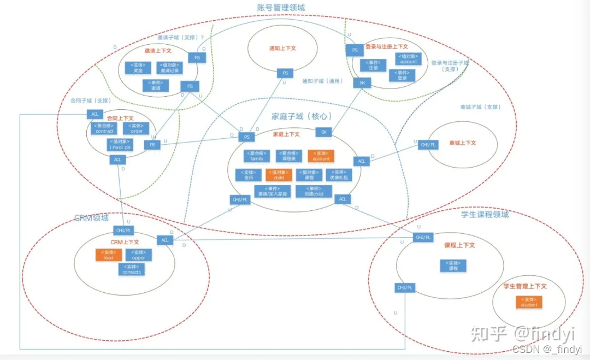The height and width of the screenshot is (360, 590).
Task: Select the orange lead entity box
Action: point(109,255)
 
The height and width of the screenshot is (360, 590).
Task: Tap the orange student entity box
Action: point(529,302)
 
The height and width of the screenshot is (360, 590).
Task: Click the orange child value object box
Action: point(279,175)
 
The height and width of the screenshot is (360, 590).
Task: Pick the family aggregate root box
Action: point(256,156)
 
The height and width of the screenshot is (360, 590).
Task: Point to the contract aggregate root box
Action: point(104,128)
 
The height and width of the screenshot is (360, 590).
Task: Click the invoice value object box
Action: point(119,145)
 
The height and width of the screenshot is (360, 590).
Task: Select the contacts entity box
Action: point(132,269)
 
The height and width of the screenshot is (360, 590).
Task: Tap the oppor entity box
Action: point(139,255)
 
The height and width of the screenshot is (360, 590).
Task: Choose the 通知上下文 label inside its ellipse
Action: point(282,48)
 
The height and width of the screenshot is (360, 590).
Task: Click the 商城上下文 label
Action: point(463,143)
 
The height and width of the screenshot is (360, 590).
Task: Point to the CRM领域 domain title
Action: point(91,218)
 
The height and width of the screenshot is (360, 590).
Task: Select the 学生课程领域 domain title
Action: point(485,215)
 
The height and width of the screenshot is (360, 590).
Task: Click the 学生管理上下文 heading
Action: point(525,286)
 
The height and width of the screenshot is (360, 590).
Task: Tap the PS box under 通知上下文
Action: point(284,73)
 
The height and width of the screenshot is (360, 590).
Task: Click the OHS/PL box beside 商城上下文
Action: point(428,145)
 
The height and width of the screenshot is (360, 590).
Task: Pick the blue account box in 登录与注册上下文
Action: point(408,58)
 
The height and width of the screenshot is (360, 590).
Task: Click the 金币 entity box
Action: point(245,175)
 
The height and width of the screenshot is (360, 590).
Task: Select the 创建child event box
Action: point(314,191)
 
